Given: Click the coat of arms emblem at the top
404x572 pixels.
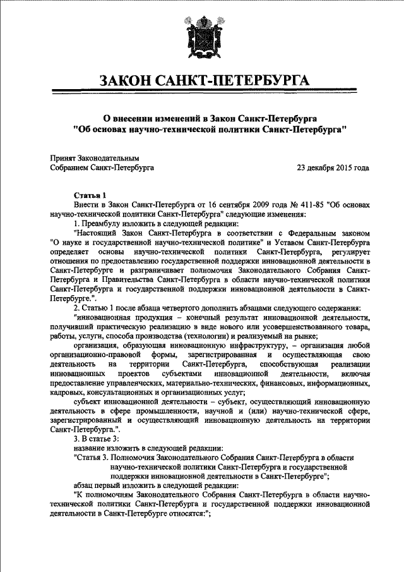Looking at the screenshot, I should [202, 39].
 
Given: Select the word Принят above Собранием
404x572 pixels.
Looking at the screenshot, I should [62, 157].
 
